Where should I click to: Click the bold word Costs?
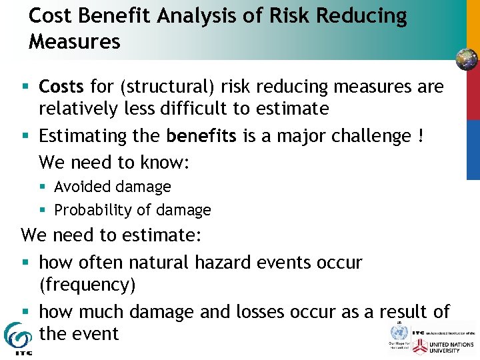tap(61, 87)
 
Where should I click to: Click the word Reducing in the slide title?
tap(361, 15)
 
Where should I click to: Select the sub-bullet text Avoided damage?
tap(113, 187)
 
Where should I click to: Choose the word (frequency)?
tap(87, 285)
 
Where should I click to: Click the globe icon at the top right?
tap(467, 59)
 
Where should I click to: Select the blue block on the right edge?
tap(473, 149)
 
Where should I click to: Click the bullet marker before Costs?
tap(25, 87)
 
